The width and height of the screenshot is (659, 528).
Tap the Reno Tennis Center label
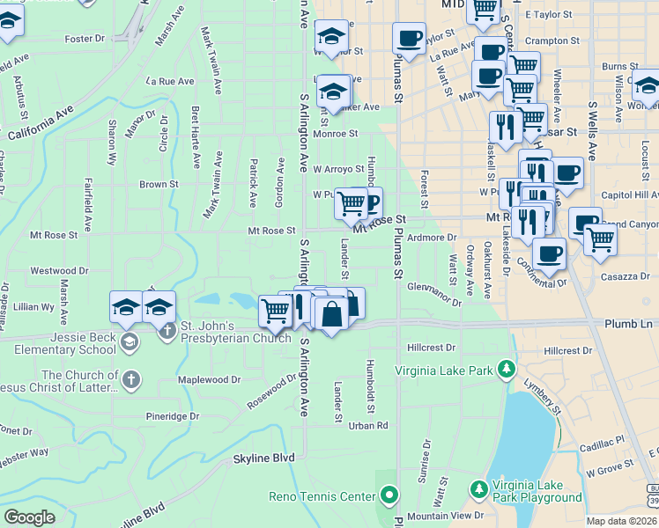(322, 496)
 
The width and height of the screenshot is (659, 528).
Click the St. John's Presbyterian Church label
(235, 331)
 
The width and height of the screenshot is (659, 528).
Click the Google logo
(29, 517)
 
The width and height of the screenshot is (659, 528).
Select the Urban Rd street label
(368, 426)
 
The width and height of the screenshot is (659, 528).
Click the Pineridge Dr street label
(173, 416)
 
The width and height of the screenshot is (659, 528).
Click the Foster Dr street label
(85, 39)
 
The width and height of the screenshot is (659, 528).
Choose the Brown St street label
(159, 185)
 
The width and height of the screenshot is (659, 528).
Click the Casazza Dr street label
(626, 276)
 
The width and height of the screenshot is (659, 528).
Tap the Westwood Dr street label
(60, 271)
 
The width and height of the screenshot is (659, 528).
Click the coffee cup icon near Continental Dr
(549, 254)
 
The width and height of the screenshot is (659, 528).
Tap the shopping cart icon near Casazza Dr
(600, 238)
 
